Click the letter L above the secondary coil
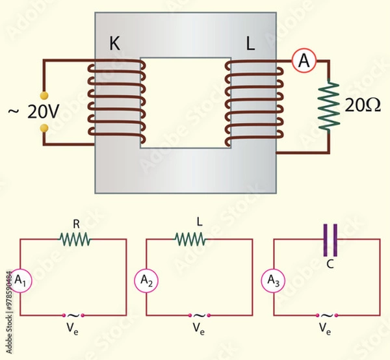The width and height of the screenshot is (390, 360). point(250,45)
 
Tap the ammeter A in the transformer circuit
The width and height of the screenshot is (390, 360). point(302,61)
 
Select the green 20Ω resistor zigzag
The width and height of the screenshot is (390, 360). point(330,105)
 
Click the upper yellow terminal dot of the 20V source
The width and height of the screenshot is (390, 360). point(44,95)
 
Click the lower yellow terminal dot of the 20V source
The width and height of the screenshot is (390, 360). point(44,128)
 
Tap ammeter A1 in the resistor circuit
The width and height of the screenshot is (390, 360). point(20,281)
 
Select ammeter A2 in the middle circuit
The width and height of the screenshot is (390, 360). point(146,281)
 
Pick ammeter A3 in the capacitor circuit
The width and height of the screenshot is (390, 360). point(273,281)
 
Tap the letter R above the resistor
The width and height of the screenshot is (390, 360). point(76,224)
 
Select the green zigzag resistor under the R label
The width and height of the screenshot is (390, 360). point(75,240)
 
